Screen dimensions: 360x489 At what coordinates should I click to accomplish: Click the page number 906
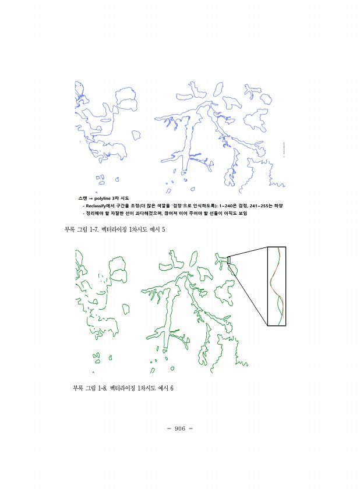(x=180, y=428)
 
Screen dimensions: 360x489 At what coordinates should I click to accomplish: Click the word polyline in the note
(x=103, y=199)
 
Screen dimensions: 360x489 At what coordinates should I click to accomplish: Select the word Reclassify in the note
(x=96, y=206)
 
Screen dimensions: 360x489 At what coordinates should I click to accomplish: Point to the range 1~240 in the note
(x=228, y=206)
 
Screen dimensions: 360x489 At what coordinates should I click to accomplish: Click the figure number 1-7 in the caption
(x=94, y=229)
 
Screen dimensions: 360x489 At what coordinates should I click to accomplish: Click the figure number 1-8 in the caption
(x=103, y=388)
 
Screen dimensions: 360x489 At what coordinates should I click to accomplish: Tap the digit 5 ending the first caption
(x=163, y=229)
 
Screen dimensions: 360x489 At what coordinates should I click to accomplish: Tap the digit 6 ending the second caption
(x=172, y=388)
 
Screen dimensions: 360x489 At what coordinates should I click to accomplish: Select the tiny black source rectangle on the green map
(x=229, y=260)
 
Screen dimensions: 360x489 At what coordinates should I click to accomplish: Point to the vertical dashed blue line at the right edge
(x=284, y=150)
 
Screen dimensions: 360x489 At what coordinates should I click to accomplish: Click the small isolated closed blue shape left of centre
(x=136, y=134)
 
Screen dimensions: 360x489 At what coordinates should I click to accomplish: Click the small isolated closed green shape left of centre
(x=126, y=309)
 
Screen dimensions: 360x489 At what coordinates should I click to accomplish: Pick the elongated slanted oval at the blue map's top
(x=218, y=89)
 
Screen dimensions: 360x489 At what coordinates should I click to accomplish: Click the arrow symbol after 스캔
(x=91, y=199)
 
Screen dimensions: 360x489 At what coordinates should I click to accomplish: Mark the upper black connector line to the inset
(x=249, y=252)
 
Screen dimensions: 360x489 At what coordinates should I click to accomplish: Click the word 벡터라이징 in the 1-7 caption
(x=114, y=229)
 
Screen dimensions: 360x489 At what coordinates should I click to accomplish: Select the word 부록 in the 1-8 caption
(x=78, y=388)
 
